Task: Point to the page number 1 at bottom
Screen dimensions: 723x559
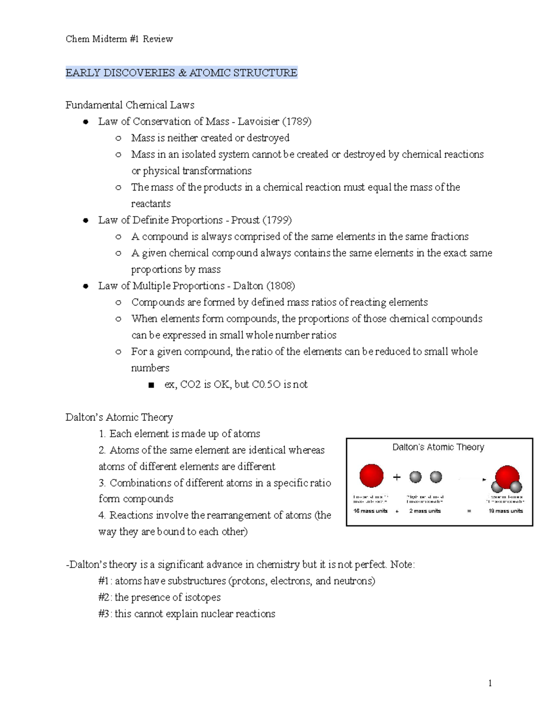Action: click(x=490, y=683)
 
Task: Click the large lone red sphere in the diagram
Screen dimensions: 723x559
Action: click(x=371, y=476)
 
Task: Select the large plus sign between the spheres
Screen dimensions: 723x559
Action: click(x=397, y=477)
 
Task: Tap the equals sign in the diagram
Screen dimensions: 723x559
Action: click(x=469, y=511)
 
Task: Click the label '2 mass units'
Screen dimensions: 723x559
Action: click(x=425, y=511)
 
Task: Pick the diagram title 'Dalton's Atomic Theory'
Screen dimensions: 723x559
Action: click(x=438, y=447)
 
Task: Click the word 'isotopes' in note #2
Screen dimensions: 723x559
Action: click(x=203, y=597)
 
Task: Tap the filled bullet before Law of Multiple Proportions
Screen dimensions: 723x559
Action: click(x=85, y=286)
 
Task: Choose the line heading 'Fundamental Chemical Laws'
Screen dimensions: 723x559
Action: click(x=130, y=105)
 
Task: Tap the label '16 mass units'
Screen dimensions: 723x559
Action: click(x=370, y=511)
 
